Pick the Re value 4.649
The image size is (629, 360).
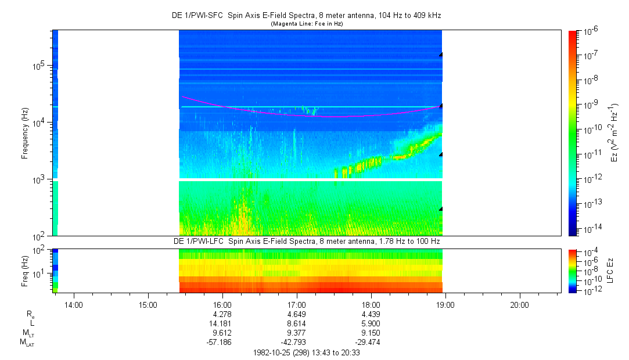click(x=297, y=314)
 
